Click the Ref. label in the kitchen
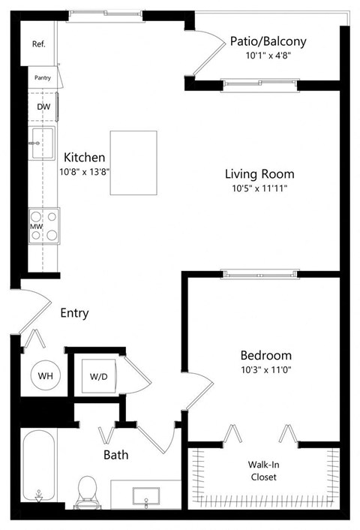tap(39, 44)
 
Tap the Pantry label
tap(42, 77)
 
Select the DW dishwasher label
tap(43, 107)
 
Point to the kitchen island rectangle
tap(133, 163)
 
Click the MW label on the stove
tap(34, 226)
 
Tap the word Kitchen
tap(84, 158)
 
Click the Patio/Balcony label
tap(268, 41)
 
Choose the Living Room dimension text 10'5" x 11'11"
tap(260, 188)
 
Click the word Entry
tap(74, 312)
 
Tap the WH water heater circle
tap(44, 375)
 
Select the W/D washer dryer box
tap(98, 375)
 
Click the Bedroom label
tap(265, 354)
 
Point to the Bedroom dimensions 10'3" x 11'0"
tap(265, 369)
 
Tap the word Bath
tap(116, 454)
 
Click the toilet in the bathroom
tap(88, 491)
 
